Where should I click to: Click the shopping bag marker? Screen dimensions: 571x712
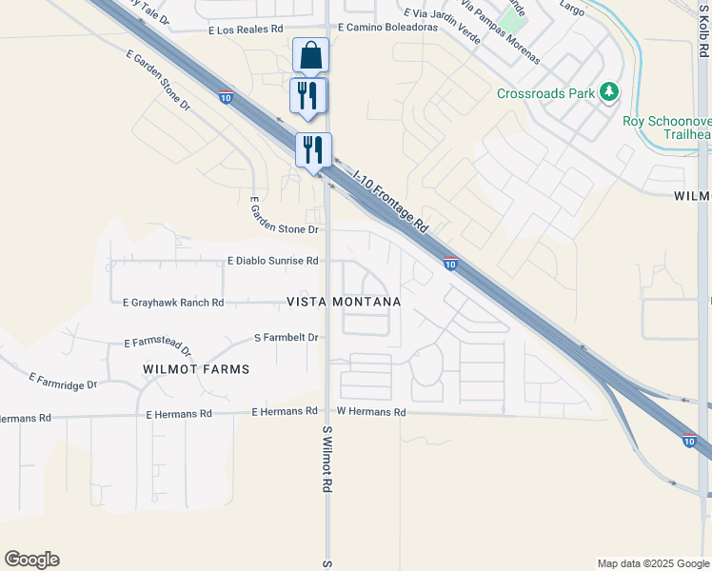click(x=310, y=56)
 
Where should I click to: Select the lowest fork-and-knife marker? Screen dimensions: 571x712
click(x=313, y=149)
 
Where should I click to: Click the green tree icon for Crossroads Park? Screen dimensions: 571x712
click(x=608, y=92)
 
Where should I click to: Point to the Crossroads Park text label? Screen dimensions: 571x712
click(x=546, y=93)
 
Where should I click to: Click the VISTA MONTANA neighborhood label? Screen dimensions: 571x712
click(x=344, y=301)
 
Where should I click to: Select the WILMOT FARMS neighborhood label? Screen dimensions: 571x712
click(x=196, y=368)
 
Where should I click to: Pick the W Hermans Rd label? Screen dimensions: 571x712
click(x=371, y=412)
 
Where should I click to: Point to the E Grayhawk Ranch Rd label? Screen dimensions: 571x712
click(x=173, y=303)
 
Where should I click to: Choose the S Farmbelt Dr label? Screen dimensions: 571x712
click(x=286, y=337)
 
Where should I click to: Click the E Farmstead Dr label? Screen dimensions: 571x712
click(x=158, y=346)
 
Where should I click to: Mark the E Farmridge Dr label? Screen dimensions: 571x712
click(x=63, y=382)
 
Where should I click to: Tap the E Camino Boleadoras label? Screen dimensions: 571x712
click(x=386, y=29)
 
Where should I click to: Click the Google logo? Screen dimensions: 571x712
click(x=31, y=560)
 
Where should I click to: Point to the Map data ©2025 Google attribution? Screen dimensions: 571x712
click(x=652, y=563)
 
